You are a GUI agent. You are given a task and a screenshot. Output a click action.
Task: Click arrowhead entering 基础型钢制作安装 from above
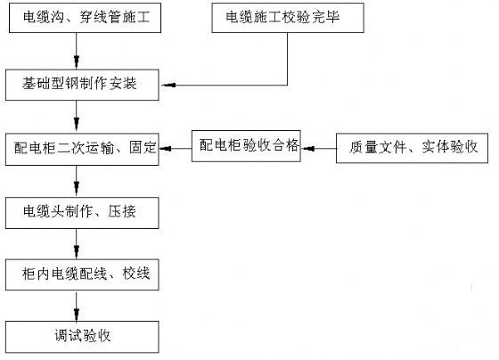pos(77,61)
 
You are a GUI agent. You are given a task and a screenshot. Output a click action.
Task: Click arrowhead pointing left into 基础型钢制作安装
pos(168,85)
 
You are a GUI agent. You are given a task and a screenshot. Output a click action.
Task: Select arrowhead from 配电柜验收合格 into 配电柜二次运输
pos(166,149)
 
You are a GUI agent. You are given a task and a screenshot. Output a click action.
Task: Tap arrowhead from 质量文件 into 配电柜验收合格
pos(308,149)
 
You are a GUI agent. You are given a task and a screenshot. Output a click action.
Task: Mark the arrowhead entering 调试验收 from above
pos(77,314)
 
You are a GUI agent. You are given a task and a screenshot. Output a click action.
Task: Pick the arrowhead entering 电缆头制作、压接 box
pos(77,188)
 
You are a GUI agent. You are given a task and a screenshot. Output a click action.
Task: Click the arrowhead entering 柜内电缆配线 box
pos(77,250)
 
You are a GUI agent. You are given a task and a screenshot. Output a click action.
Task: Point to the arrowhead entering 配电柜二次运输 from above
pos(77,124)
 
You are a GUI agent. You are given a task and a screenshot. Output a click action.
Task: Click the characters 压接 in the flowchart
pos(122,212)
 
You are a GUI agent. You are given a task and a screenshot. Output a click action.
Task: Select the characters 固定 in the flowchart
pos(143,148)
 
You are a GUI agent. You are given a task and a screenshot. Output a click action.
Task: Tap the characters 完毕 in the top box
pos(326,17)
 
